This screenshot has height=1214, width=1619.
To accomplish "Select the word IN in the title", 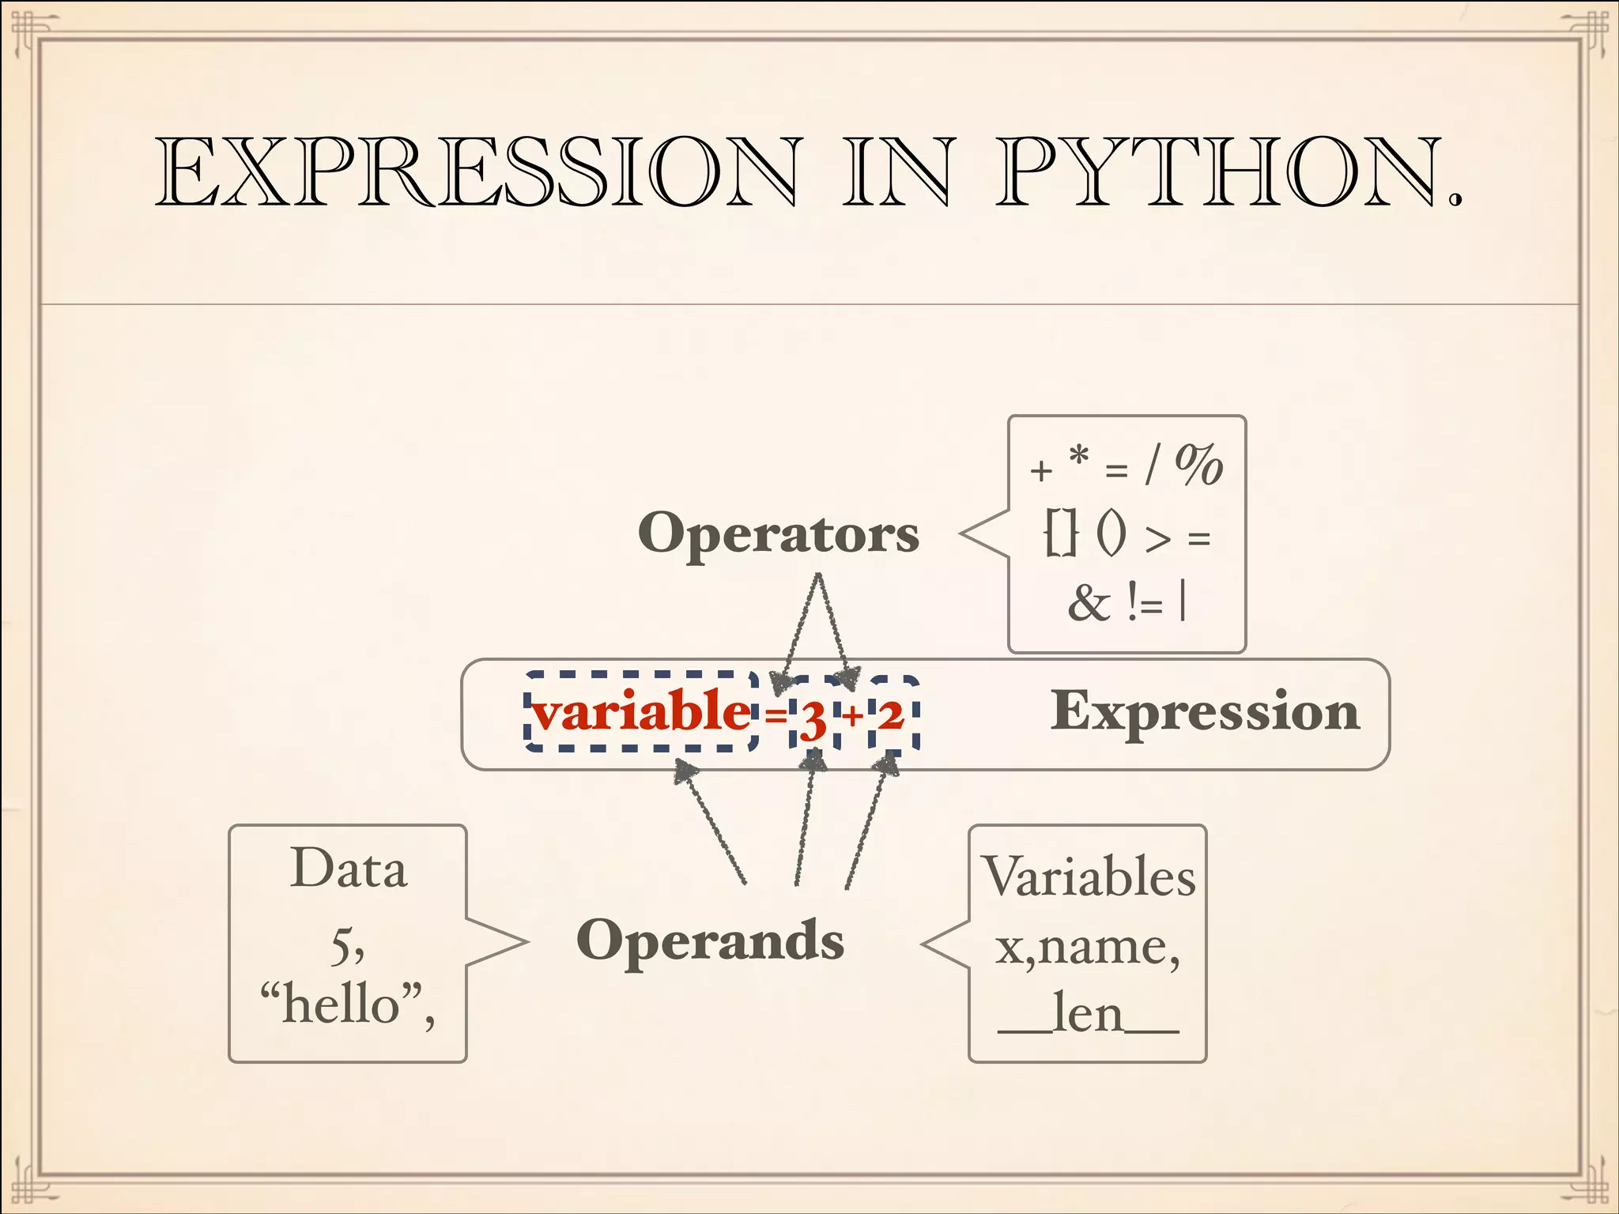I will click(x=897, y=172).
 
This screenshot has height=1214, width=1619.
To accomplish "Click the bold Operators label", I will click(x=779, y=533).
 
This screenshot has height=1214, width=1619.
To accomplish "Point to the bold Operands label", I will click(x=710, y=941).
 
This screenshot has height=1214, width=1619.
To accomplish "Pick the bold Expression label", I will click(x=1205, y=711).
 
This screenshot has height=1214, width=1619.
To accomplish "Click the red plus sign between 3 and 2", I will click(x=852, y=716).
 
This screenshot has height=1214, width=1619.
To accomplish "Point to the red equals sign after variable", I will click(x=776, y=716).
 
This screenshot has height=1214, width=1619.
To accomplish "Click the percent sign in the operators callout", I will click(x=1198, y=465).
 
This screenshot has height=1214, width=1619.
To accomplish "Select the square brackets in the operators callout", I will click(x=1060, y=533).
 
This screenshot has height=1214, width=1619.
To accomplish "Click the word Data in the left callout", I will click(x=349, y=869).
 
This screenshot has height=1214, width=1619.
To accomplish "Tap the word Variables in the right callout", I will click(x=1089, y=877).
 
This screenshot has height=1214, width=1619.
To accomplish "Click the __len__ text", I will click(x=1088, y=1015).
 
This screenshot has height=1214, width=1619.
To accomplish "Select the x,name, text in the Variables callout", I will click(x=1088, y=947).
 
